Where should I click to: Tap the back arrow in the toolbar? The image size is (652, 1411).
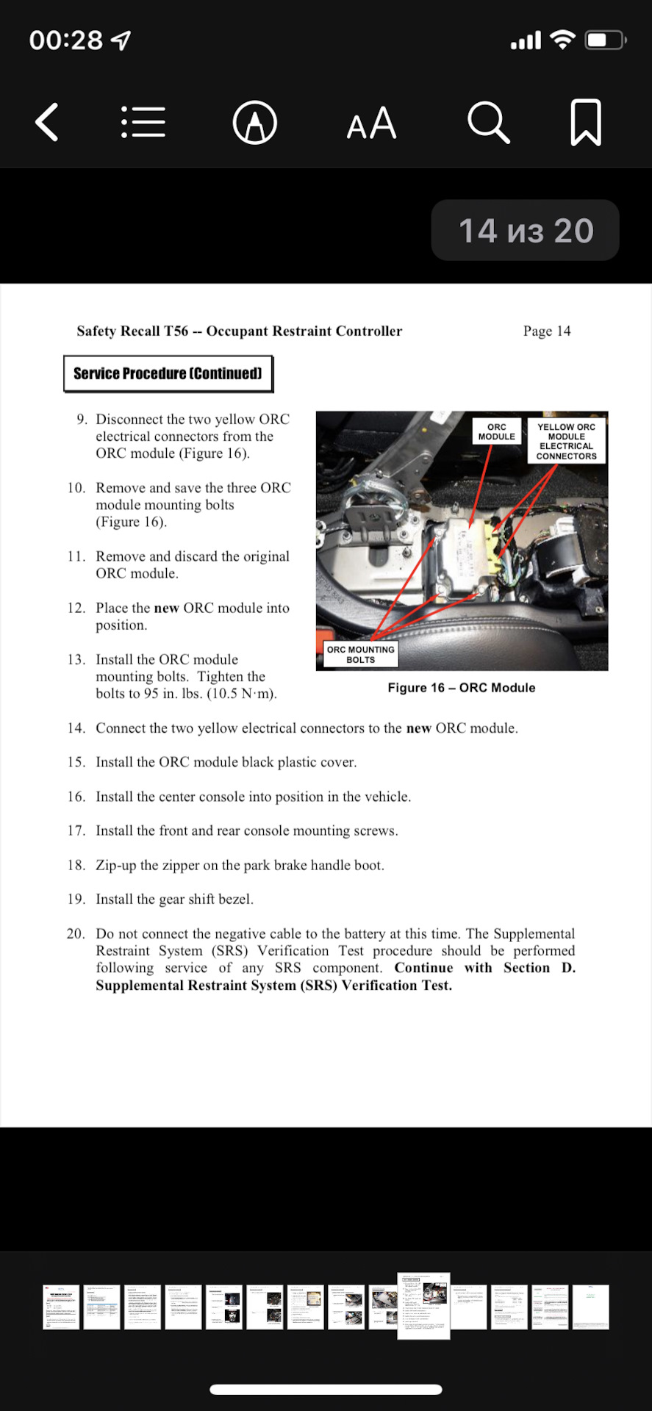(x=47, y=122)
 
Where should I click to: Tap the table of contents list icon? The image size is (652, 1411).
(x=143, y=122)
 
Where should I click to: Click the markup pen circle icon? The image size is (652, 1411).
(x=254, y=123)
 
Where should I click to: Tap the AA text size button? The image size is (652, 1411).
(x=371, y=123)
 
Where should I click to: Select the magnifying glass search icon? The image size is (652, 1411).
(x=488, y=122)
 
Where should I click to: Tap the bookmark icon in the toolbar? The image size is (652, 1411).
(x=586, y=122)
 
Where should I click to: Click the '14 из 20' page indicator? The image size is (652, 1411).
(x=526, y=231)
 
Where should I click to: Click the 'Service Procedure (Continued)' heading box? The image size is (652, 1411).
(x=168, y=373)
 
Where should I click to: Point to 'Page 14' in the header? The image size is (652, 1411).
(x=546, y=331)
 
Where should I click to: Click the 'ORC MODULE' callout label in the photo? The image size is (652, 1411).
(x=497, y=432)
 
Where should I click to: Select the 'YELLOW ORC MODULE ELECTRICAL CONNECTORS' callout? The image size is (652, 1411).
(x=566, y=441)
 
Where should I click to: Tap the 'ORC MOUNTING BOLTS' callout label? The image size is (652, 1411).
(x=360, y=654)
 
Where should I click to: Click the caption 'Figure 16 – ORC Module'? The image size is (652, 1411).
(x=462, y=688)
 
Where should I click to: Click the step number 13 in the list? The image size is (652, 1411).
(x=76, y=659)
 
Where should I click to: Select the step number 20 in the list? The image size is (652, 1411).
(x=76, y=933)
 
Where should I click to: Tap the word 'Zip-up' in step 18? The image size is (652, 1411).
(x=116, y=865)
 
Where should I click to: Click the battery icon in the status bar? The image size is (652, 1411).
(x=604, y=40)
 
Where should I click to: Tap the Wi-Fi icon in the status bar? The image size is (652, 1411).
(x=562, y=40)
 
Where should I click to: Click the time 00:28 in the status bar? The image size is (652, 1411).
(x=65, y=40)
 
